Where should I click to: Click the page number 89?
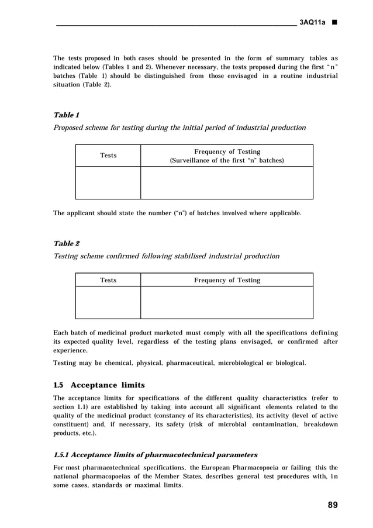(x=331, y=505)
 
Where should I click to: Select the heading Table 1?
(x=67, y=115)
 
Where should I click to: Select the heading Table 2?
(x=67, y=243)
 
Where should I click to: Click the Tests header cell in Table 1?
(x=108, y=156)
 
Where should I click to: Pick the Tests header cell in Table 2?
(x=108, y=280)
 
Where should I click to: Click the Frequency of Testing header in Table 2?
(x=227, y=280)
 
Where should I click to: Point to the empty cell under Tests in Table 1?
(x=108, y=182)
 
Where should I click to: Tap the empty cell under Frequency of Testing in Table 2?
(x=227, y=302)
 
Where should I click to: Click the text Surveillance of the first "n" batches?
(x=227, y=160)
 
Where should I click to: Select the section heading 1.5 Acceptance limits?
(x=99, y=385)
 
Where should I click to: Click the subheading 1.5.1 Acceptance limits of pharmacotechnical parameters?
(x=155, y=454)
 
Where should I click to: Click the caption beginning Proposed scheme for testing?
(x=179, y=127)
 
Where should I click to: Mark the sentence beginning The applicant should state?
(x=177, y=213)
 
